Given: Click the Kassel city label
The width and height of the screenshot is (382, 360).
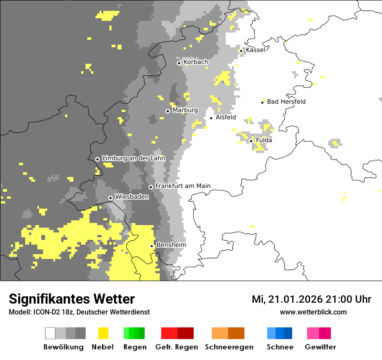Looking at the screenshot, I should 255,50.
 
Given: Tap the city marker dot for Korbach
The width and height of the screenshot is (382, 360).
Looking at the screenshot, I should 179,63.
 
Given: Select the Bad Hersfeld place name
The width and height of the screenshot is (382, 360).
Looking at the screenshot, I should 286,101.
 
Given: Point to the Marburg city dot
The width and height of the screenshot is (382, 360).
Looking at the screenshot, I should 168,111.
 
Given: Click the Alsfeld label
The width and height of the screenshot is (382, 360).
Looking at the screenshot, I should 226,117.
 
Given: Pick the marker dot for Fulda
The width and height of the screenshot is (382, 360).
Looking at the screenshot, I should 251,141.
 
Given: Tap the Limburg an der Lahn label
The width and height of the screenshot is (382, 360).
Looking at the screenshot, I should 133,158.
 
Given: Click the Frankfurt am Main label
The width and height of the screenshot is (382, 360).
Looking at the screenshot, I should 183,186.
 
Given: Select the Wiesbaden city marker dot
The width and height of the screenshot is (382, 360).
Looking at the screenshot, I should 110,198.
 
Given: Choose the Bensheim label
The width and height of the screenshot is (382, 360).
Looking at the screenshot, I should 171,245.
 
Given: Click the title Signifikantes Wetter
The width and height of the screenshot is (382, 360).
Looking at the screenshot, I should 72,299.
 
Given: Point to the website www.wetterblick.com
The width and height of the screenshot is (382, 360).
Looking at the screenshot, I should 313,312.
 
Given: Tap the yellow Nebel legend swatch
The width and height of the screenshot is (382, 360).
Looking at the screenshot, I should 103,333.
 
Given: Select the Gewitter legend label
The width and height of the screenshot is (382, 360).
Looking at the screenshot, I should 320,347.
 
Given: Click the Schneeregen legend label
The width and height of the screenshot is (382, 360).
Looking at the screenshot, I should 229,347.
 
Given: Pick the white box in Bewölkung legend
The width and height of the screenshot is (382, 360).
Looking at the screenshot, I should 50,333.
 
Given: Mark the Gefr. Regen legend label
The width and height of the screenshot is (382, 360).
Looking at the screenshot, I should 177,347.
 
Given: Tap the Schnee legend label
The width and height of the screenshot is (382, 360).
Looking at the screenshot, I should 280,347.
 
